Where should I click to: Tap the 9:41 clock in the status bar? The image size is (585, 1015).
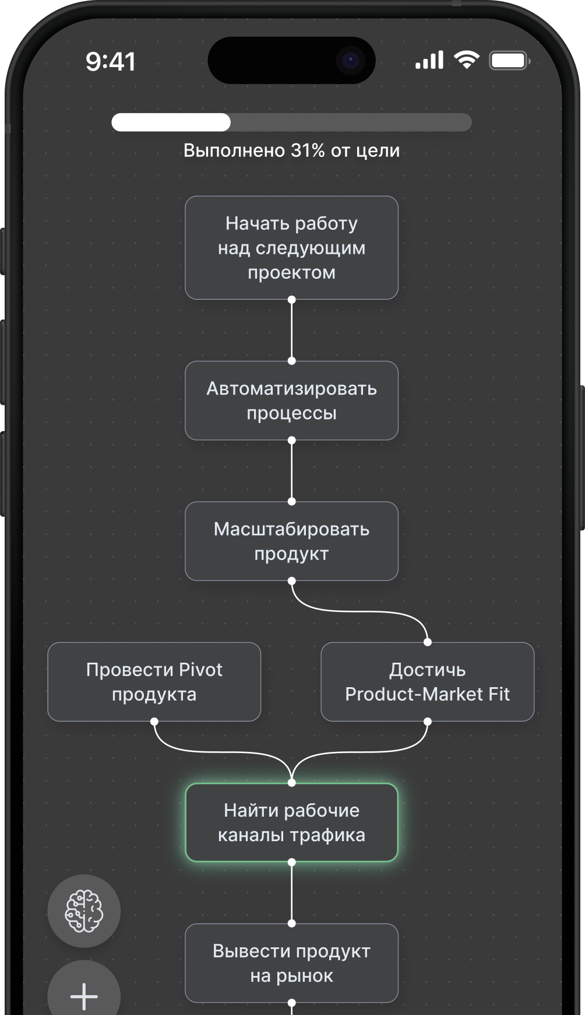tap(111, 62)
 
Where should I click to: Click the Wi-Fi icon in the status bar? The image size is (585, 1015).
tap(466, 60)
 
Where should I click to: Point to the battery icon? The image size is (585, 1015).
tap(509, 61)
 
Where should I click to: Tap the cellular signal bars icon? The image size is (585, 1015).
tap(429, 60)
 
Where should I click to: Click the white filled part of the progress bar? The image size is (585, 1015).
tap(171, 123)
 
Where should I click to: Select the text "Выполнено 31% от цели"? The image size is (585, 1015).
tap(291, 150)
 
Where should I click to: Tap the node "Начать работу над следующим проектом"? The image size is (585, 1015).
tap(291, 248)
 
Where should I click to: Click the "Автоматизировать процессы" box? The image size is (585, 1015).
tap(291, 401)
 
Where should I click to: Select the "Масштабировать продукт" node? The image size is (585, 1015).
tap(291, 541)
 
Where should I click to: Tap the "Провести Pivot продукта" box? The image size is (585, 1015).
tap(154, 682)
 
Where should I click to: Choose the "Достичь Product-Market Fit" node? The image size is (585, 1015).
tap(427, 682)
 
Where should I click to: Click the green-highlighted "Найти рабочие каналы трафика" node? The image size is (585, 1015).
tap(291, 822)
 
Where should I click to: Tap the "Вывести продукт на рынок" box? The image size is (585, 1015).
tap(291, 963)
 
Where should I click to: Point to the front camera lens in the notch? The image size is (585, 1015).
tap(350, 60)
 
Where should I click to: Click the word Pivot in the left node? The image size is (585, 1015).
tap(200, 670)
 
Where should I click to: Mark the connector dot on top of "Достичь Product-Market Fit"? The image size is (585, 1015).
tap(428, 642)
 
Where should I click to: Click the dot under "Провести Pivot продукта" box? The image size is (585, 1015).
tap(154, 722)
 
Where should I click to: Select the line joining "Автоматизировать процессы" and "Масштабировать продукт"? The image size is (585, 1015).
tap(291, 471)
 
